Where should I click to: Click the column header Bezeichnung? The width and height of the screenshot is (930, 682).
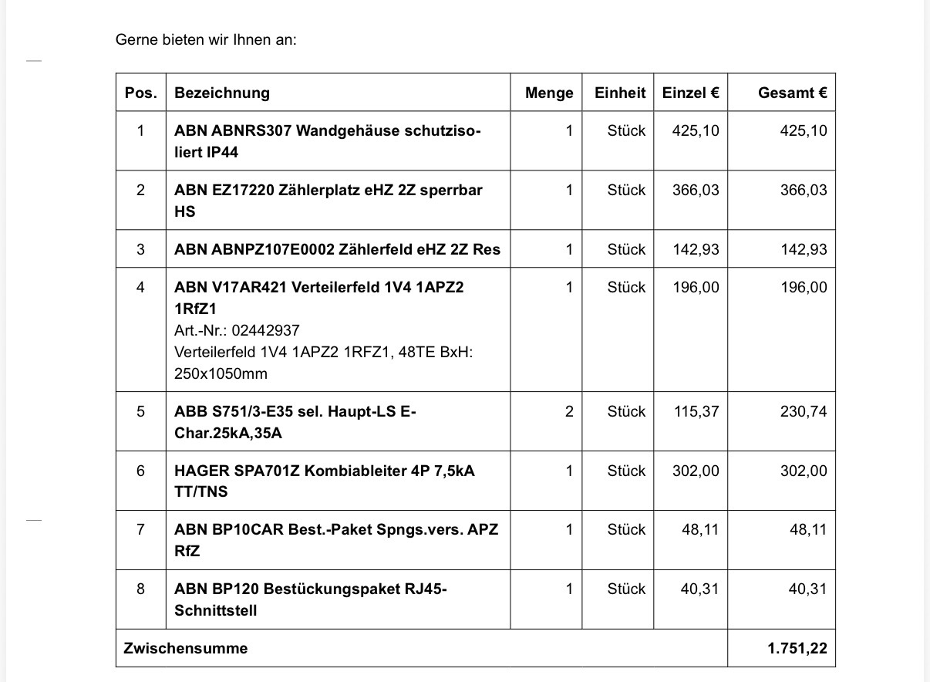click(222, 93)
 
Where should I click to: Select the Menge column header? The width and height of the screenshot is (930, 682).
click(549, 93)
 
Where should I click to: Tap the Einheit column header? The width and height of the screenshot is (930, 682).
click(619, 93)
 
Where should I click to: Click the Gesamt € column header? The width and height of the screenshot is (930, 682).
click(792, 93)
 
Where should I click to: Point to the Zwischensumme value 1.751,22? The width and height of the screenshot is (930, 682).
click(797, 649)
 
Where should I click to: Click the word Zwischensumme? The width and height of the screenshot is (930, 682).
click(186, 649)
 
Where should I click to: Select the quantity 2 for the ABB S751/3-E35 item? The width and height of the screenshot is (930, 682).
click(569, 412)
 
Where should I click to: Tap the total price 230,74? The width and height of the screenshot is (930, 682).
click(803, 412)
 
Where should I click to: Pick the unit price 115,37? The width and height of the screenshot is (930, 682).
click(696, 412)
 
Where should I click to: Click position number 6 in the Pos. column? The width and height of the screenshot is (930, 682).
click(140, 471)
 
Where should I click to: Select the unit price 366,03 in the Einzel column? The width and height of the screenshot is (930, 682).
click(696, 190)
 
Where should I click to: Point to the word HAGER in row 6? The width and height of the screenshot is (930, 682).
click(199, 471)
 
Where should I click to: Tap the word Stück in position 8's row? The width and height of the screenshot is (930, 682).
click(626, 589)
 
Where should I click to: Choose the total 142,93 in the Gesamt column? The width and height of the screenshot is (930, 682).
click(803, 250)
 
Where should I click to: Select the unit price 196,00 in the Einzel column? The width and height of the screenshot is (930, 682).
click(696, 288)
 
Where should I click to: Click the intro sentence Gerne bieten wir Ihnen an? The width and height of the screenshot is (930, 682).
click(206, 39)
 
